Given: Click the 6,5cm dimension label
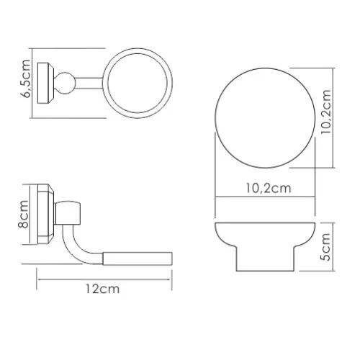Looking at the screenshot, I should pos(27,76).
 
